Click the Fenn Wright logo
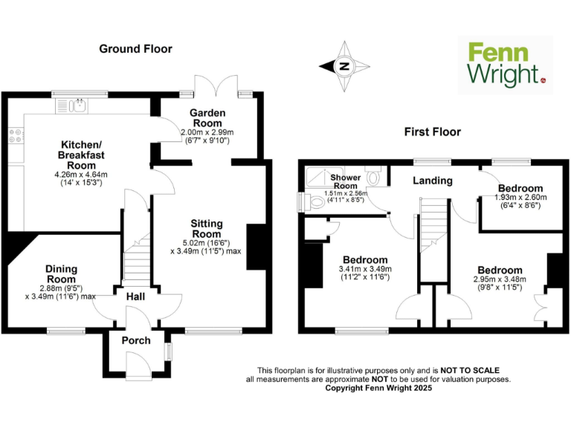(505, 65)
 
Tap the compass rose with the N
(343, 66)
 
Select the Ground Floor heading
(135, 49)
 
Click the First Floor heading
(432, 132)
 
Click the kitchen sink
(77, 105)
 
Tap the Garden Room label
(208, 118)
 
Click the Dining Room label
(62, 274)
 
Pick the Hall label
(135, 297)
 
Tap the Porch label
(136, 340)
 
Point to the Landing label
(432, 181)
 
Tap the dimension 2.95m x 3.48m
(500, 279)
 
